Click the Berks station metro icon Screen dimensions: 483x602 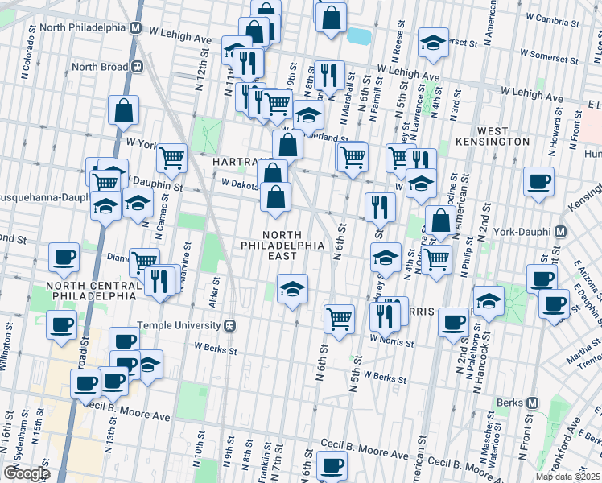click(532, 402)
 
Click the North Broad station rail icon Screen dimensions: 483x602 click(137, 67)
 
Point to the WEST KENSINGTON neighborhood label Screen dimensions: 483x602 click(493, 136)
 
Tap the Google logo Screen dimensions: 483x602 click(26, 473)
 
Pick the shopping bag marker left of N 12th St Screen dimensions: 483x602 click(123, 111)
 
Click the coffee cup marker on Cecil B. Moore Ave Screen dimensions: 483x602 click(331, 465)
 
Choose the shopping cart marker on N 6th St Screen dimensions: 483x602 click(339, 317)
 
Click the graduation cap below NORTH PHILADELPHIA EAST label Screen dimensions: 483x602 click(292, 287)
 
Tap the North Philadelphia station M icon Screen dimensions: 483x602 click(136, 27)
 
